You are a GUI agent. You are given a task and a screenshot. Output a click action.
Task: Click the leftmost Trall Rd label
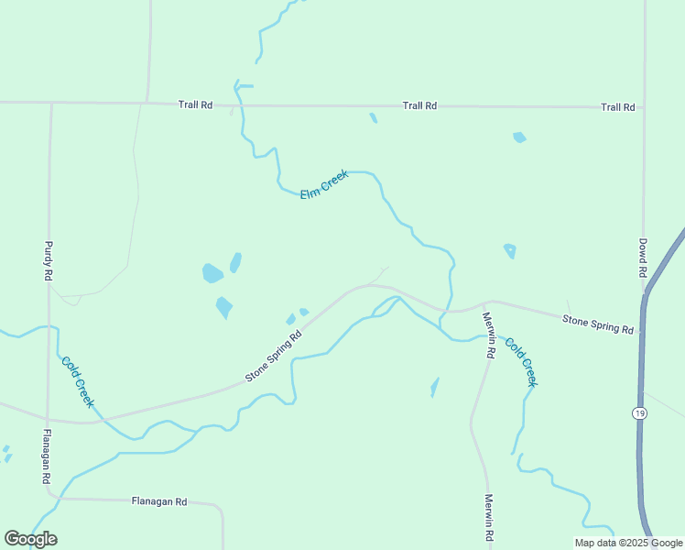coord(195,105)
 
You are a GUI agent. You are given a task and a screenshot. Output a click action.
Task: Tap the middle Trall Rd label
coord(419,106)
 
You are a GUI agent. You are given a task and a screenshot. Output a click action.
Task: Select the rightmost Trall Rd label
coord(618,107)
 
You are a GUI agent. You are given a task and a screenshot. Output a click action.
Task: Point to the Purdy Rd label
coord(49,260)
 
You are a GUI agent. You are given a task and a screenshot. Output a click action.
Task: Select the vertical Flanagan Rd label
coord(46,456)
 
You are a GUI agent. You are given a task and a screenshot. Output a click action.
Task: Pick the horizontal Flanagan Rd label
coord(159,501)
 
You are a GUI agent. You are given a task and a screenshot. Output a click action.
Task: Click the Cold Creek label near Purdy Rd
coord(78,381)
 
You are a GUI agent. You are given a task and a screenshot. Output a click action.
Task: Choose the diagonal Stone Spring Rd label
coord(274,357)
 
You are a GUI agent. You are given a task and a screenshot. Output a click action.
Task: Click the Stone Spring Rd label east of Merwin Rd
coord(598,324)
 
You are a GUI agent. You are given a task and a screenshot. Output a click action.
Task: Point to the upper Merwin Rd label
coord(489,335)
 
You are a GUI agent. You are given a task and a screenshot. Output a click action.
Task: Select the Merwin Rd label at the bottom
coord(490,517)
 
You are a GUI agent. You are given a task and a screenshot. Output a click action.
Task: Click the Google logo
coord(30,539)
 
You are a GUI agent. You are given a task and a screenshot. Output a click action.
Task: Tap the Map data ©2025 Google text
coord(629,543)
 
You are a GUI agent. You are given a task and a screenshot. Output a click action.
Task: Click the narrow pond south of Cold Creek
coord(434,388)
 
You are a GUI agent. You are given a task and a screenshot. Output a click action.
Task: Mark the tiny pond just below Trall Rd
coord(373,117)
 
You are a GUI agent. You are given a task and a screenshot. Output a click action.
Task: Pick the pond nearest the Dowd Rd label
coord(510,250)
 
